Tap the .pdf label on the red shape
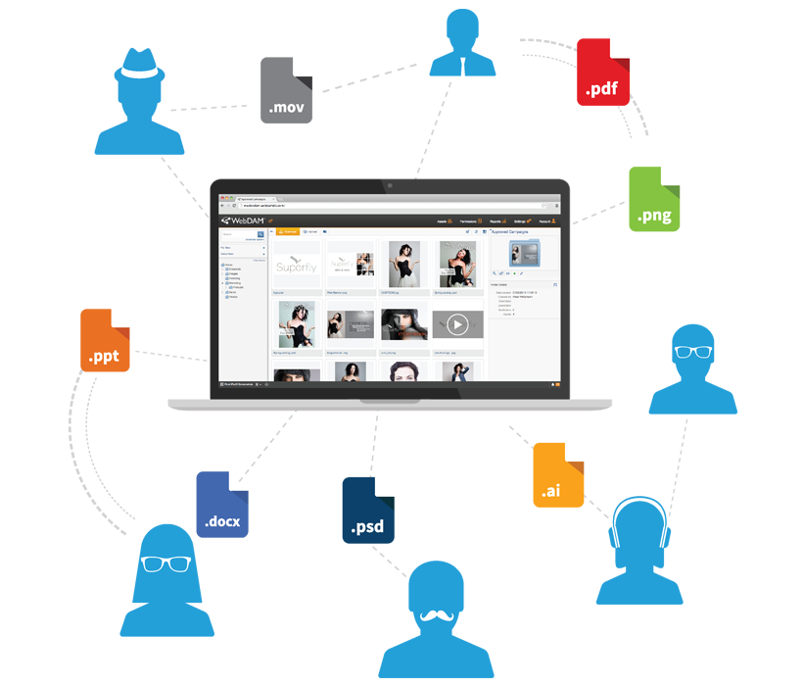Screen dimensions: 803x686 click(601, 91)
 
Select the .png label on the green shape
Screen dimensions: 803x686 click(654, 217)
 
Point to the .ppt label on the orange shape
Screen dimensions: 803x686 click(103, 357)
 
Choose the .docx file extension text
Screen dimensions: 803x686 click(222, 521)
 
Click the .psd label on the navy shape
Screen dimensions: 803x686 click(367, 529)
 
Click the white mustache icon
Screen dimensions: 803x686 click(437, 615)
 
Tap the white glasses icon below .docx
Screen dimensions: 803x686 click(165, 564)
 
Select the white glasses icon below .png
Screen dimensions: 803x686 click(695, 352)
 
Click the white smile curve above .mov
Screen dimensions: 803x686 click(139, 72)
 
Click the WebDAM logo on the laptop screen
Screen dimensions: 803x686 click(239, 221)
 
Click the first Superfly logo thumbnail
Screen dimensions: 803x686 click(295, 266)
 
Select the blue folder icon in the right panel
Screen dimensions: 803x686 click(523, 254)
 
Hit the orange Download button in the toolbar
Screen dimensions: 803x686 click(287, 232)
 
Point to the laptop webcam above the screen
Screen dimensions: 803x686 click(390, 184)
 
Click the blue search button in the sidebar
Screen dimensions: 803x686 click(260, 235)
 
